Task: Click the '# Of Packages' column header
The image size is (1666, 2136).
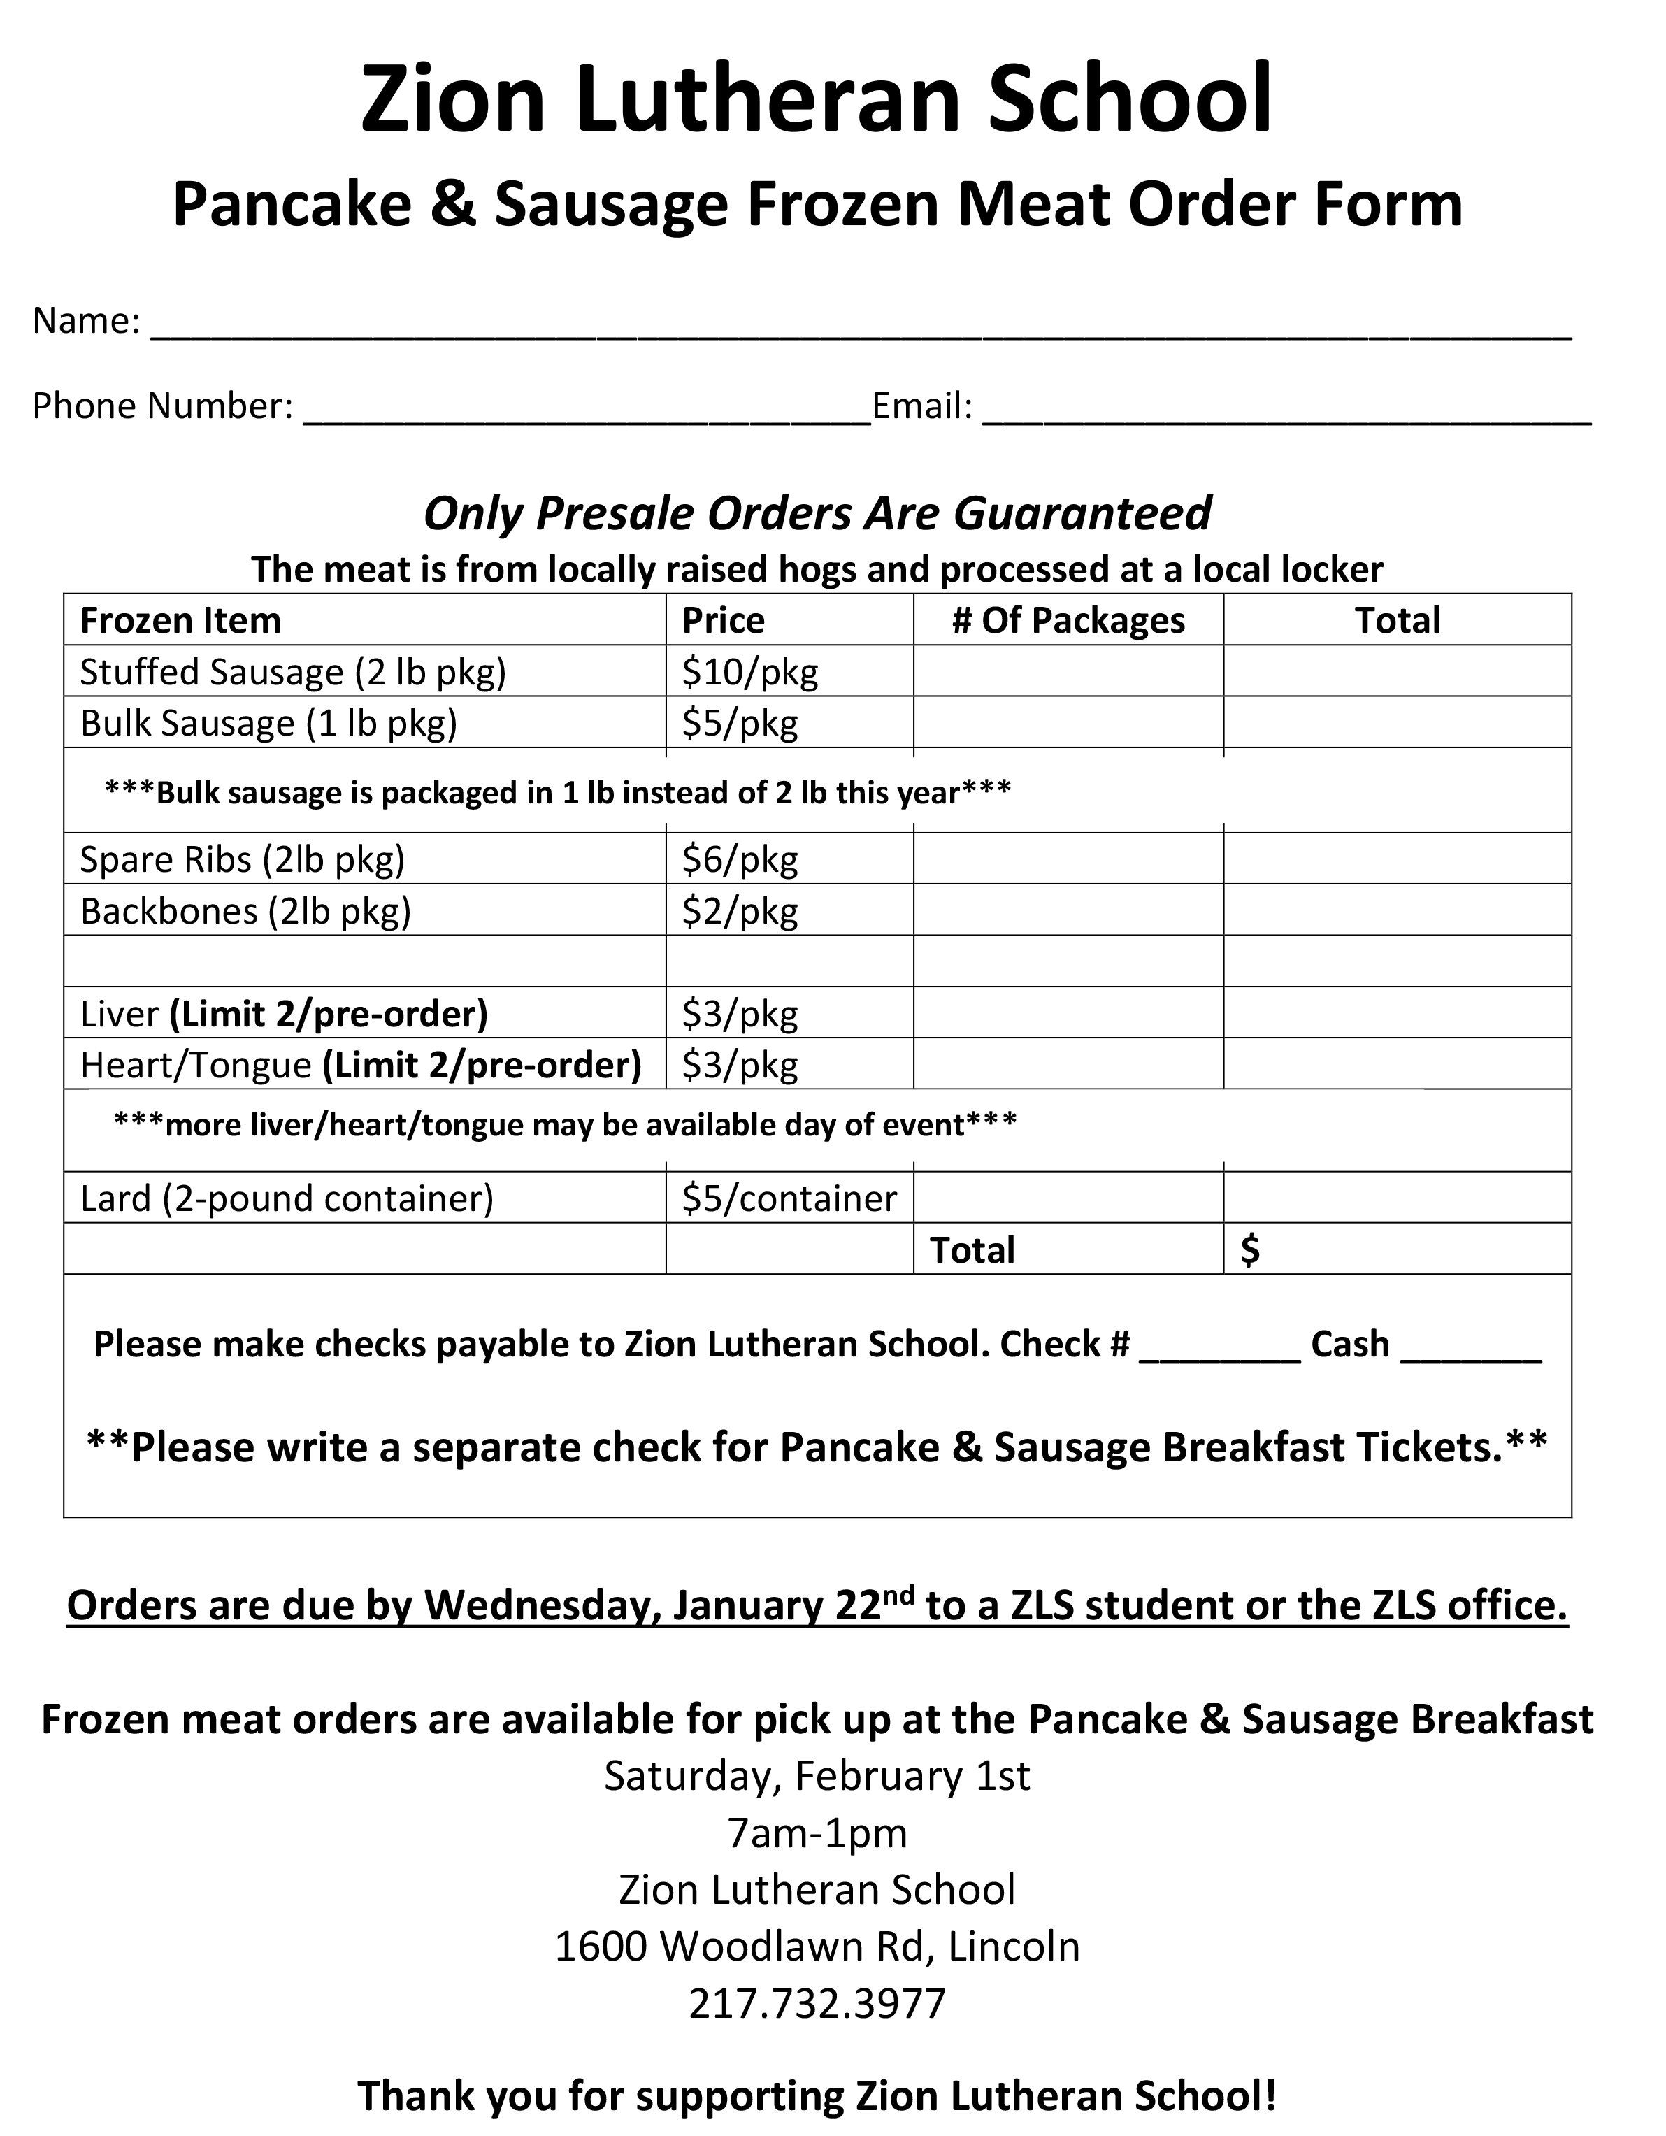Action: pyautogui.click(x=1068, y=621)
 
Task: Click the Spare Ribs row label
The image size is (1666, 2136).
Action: pyautogui.click(x=241, y=860)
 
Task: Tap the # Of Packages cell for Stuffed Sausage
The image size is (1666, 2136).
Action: pyautogui.click(x=1068, y=672)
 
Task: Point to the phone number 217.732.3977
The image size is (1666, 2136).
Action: pyautogui.click(x=817, y=2003)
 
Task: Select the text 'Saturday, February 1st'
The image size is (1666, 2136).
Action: pyautogui.click(x=817, y=1776)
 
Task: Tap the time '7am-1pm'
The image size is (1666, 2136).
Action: pyautogui.click(x=817, y=1833)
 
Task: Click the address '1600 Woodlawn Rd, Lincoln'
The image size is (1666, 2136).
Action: pyautogui.click(x=817, y=1947)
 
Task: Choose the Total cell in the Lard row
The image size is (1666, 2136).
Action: pyautogui.click(x=1396, y=1199)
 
